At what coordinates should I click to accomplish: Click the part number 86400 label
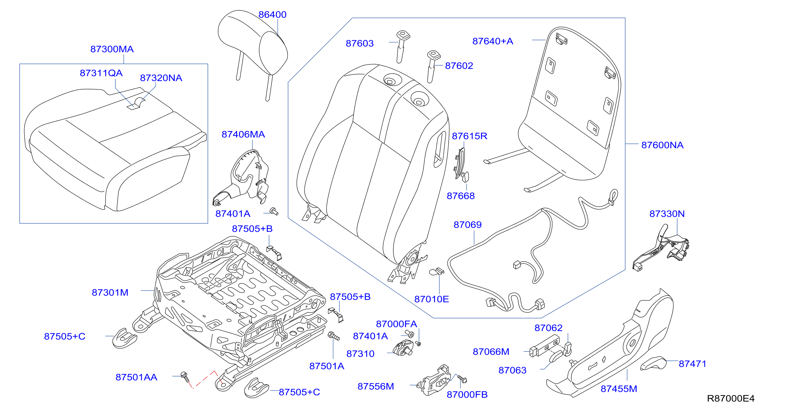pyautogui.click(x=272, y=15)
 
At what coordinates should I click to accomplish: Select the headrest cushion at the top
pyautogui.click(x=253, y=43)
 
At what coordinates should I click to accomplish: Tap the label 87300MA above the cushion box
pyautogui.click(x=112, y=49)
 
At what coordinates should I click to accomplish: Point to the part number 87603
pyautogui.click(x=360, y=43)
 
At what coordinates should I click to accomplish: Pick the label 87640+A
pyautogui.click(x=493, y=41)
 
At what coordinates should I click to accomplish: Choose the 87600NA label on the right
pyautogui.click(x=662, y=145)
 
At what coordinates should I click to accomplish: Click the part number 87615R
pyautogui.click(x=469, y=136)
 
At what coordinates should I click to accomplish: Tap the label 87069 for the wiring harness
pyautogui.click(x=467, y=225)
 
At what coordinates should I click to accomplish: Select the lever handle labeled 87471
pyautogui.click(x=653, y=363)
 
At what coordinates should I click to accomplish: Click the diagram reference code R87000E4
pyautogui.click(x=731, y=398)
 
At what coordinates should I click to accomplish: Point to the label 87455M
pyautogui.click(x=619, y=389)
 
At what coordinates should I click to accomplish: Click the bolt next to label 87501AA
pyautogui.click(x=185, y=377)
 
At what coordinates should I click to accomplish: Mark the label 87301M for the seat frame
pyautogui.click(x=110, y=293)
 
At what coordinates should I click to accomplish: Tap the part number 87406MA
pyautogui.click(x=243, y=134)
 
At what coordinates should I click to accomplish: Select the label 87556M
pyautogui.click(x=376, y=386)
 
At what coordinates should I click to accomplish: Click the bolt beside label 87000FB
pyautogui.click(x=462, y=379)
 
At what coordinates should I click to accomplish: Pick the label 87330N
pyautogui.click(x=667, y=214)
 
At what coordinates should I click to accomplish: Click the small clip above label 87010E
pyautogui.click(x=437, y=271)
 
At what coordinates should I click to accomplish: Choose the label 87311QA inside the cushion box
pyautogui.click(x=101, y=73)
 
